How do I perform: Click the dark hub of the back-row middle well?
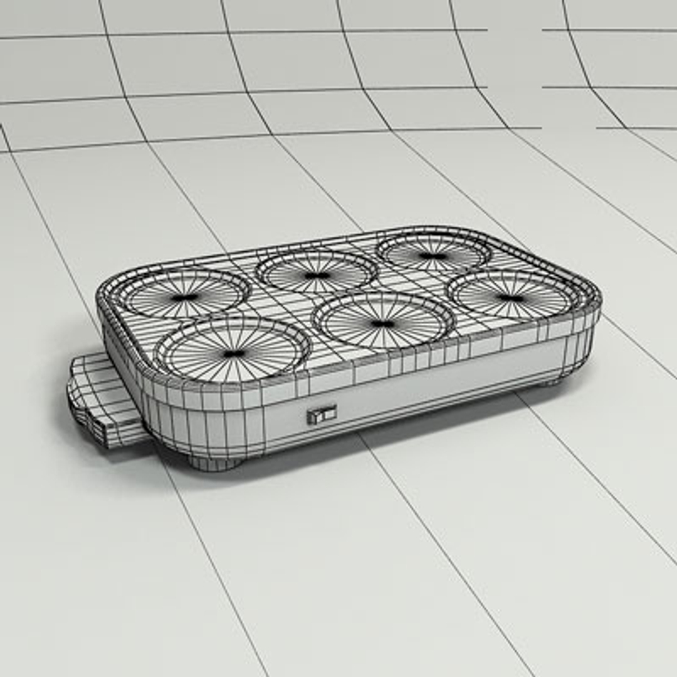click(317, 275)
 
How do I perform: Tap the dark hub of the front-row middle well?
click(382, 323)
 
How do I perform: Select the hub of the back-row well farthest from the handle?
click(433, 256)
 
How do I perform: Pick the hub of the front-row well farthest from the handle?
click(511, 298)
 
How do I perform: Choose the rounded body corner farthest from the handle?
click(586, 313)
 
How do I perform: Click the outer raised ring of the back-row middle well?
click(317, 254)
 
